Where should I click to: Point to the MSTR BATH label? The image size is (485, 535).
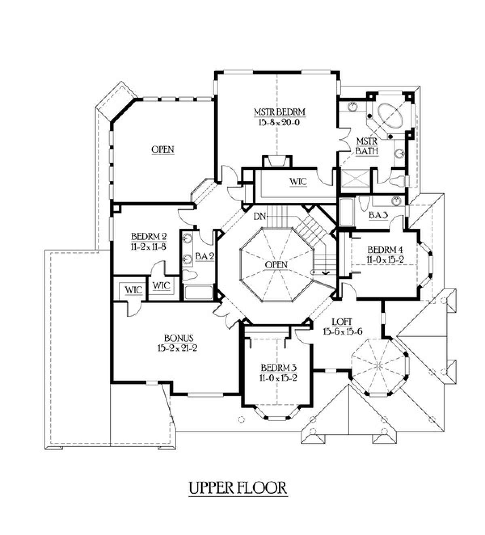click(367, 146)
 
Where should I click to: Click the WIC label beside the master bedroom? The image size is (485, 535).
click(298, 182)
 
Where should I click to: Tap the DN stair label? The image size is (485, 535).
click(259, 216)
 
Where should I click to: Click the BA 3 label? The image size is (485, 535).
click(378, 215)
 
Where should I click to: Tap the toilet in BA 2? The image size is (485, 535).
click(189, 276)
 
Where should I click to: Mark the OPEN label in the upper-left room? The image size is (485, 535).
click(163, 150)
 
